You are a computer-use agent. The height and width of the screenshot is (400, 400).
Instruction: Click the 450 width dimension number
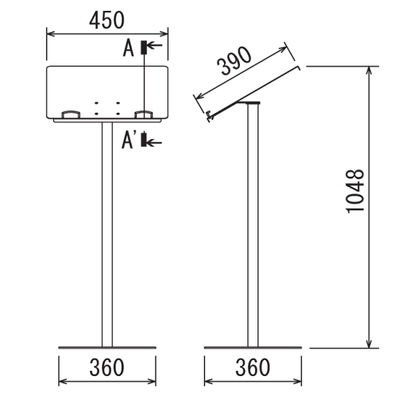coord(107,20)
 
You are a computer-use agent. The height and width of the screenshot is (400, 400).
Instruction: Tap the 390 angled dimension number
coord(234,61)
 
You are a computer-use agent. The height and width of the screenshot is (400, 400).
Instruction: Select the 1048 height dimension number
coord(355,191)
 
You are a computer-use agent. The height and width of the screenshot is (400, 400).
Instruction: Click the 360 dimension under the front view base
coord(107,367)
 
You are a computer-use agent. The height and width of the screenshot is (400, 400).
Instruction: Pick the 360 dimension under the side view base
coord(252,367)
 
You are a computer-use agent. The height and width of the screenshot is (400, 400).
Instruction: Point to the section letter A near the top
coord(128,48)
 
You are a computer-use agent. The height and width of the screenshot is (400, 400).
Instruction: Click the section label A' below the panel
coord(129,140)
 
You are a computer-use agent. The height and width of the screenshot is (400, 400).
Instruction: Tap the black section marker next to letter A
coord(144,47)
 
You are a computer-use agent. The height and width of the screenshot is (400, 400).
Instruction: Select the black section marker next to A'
coord(144,140)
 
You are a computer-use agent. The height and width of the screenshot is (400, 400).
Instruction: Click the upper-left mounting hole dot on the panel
coord(97,103)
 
